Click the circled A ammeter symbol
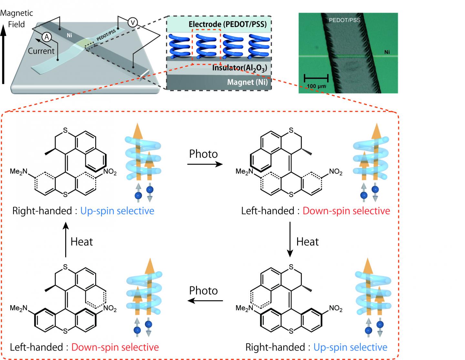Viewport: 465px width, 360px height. coord(47,37)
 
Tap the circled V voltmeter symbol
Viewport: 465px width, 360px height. coord(132,22)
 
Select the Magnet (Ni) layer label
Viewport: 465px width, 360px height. coord(247,82)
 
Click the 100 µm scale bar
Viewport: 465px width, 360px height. coord(316,78)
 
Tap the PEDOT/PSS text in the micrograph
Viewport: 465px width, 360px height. coord(345,20)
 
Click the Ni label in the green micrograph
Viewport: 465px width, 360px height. coord(387,52)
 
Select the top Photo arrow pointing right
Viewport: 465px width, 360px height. coord(205,164)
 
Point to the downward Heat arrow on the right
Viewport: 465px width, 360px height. coord(290,239)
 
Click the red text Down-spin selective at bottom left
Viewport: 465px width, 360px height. coord(115,347)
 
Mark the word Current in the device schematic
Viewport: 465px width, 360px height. coord(41,51)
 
